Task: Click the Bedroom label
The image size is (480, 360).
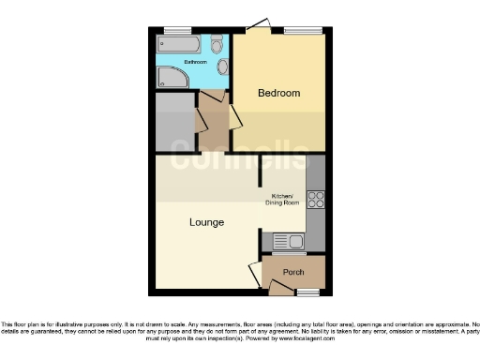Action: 279,93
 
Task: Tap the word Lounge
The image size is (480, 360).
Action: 206,222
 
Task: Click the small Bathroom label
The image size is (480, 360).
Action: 195,62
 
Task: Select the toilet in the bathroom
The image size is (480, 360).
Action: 217,44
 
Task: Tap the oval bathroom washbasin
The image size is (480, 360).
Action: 222,67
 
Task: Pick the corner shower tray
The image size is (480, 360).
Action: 172,77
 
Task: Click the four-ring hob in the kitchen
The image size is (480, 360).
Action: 316,199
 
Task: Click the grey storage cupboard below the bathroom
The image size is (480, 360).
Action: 174,121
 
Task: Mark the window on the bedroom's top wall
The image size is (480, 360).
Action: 302,30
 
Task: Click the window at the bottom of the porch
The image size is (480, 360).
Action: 307,292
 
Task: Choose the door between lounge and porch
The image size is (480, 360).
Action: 255,276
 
